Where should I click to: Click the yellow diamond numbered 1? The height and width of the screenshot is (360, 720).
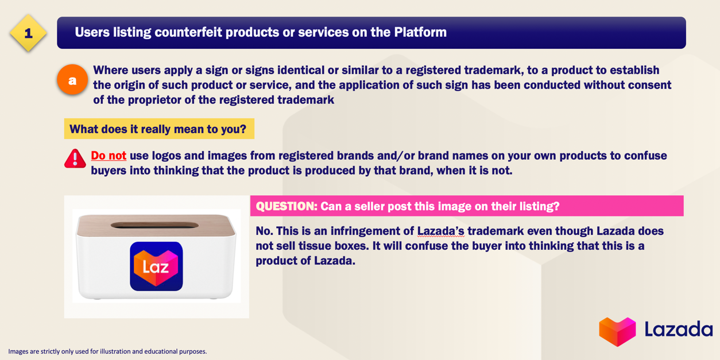(28, 33)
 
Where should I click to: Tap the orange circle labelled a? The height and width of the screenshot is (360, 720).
(72, 80)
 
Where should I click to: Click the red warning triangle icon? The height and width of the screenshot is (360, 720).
(75, 158)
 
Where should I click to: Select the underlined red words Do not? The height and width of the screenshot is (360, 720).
(109, 156)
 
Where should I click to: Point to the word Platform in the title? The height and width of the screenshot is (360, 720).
(420, 32)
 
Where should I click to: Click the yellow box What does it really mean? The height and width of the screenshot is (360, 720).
(159, 129)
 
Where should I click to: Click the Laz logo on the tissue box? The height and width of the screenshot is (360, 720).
(156, 266)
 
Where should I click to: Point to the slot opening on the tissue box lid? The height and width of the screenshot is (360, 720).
(154, 225)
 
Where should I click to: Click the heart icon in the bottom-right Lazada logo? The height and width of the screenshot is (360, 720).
(617, 331)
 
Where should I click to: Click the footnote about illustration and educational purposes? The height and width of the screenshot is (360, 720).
(107, 351)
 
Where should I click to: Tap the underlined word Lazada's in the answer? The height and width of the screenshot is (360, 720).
(441, 231)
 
